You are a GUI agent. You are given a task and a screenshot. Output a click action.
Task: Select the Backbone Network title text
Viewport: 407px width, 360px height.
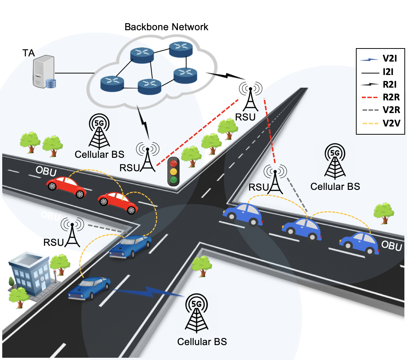(166, 27)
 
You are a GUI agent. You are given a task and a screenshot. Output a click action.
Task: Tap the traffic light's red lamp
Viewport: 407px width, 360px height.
(173, 163)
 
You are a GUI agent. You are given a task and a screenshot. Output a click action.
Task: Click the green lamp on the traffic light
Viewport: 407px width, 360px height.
(173, 180)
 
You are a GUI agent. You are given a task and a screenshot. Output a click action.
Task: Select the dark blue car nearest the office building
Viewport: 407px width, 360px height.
(90, 288)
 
